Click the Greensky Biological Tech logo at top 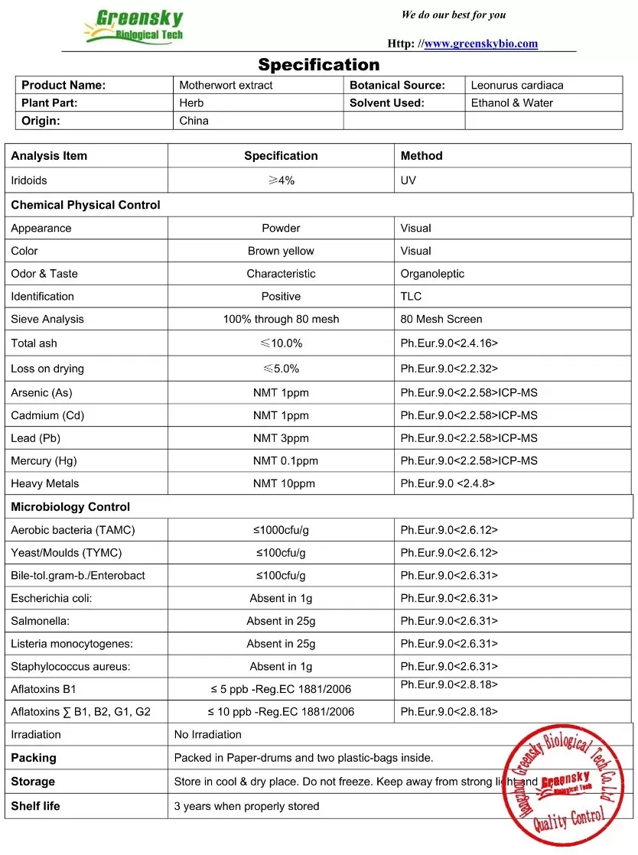click(133, 27)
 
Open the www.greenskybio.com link click(480, 44)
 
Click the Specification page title click(318, 65)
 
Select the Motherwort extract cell click(226, 86)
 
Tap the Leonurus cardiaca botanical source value click(516, 86)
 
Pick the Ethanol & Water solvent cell click(512, 103)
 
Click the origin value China click(194, 121)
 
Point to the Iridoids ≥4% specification click(281, 180)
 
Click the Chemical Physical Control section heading click(86, 205)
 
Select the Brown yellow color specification click(281, 251)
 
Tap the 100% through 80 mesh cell click(281, 319)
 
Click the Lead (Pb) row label click(35, 438)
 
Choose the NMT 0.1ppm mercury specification click(281, 461)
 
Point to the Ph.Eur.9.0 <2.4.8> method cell click(448, 483)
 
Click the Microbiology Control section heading click(70, 507)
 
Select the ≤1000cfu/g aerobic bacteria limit click(281, 530)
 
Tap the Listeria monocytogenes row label click(72, 644)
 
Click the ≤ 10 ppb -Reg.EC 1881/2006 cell click(281, 712)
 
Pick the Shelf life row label click(35, 806)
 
